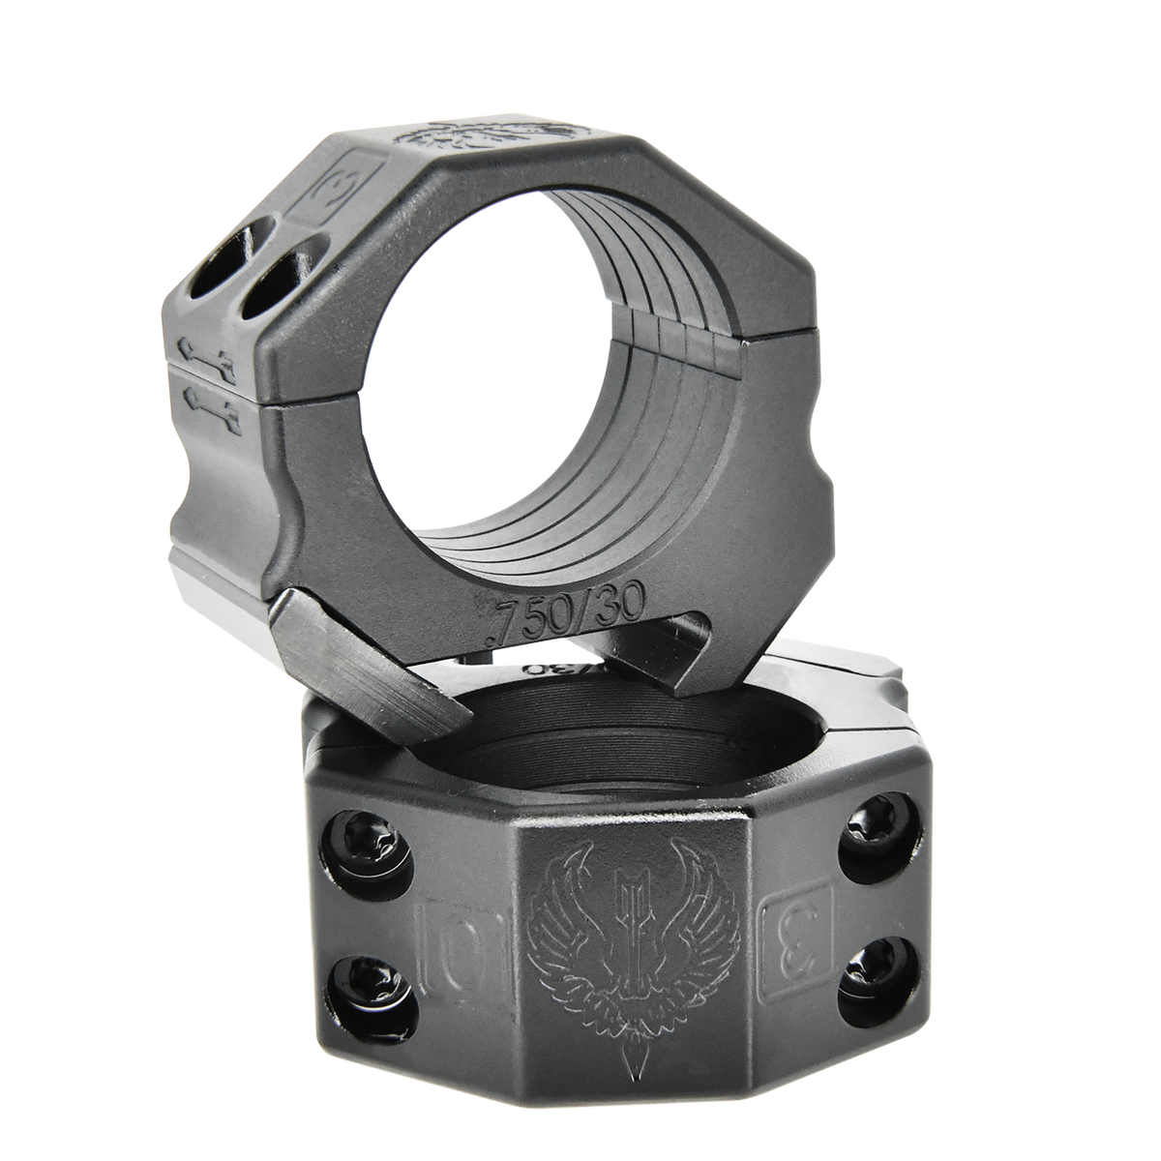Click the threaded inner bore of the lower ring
click(600, 735)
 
